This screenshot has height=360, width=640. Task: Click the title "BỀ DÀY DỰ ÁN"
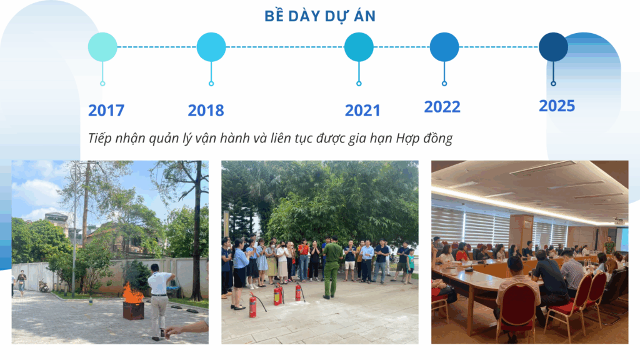click(320, 16)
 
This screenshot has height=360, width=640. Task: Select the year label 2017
click(106, 111)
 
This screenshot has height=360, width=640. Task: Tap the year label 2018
click(206, 111)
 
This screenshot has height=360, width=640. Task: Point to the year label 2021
click(362, 111)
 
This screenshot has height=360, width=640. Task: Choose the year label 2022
click(442, 107)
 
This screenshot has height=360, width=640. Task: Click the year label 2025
click(557, 106)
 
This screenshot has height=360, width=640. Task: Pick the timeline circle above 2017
click(102, 47)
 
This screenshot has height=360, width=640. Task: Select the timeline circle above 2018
click(211, 47)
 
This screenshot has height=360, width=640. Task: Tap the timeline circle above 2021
click(359, 47)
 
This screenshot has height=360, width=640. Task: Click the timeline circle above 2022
click(444, 47)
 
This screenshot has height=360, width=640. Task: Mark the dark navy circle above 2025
click(554, 47)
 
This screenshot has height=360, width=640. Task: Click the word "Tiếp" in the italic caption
click(99, 138)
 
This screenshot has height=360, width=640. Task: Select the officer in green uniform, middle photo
click(331, 267)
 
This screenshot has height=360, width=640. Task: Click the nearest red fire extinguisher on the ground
click(253, 304)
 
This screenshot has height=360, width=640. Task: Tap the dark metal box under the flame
click(134, 311)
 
